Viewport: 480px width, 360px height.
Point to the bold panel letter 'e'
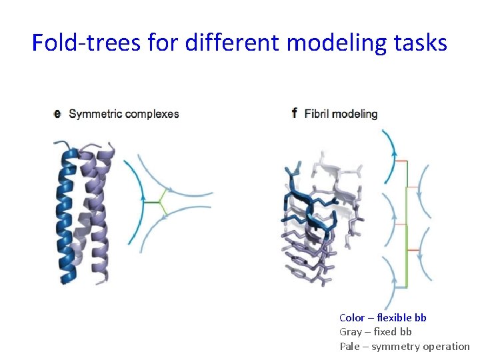click(57, 114)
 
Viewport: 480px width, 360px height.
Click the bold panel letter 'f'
click(295, 113)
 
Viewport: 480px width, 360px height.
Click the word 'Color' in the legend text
click(352, 318)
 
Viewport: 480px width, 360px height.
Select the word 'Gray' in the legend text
click(351, 332)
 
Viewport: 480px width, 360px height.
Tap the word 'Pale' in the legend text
click(350, 346)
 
